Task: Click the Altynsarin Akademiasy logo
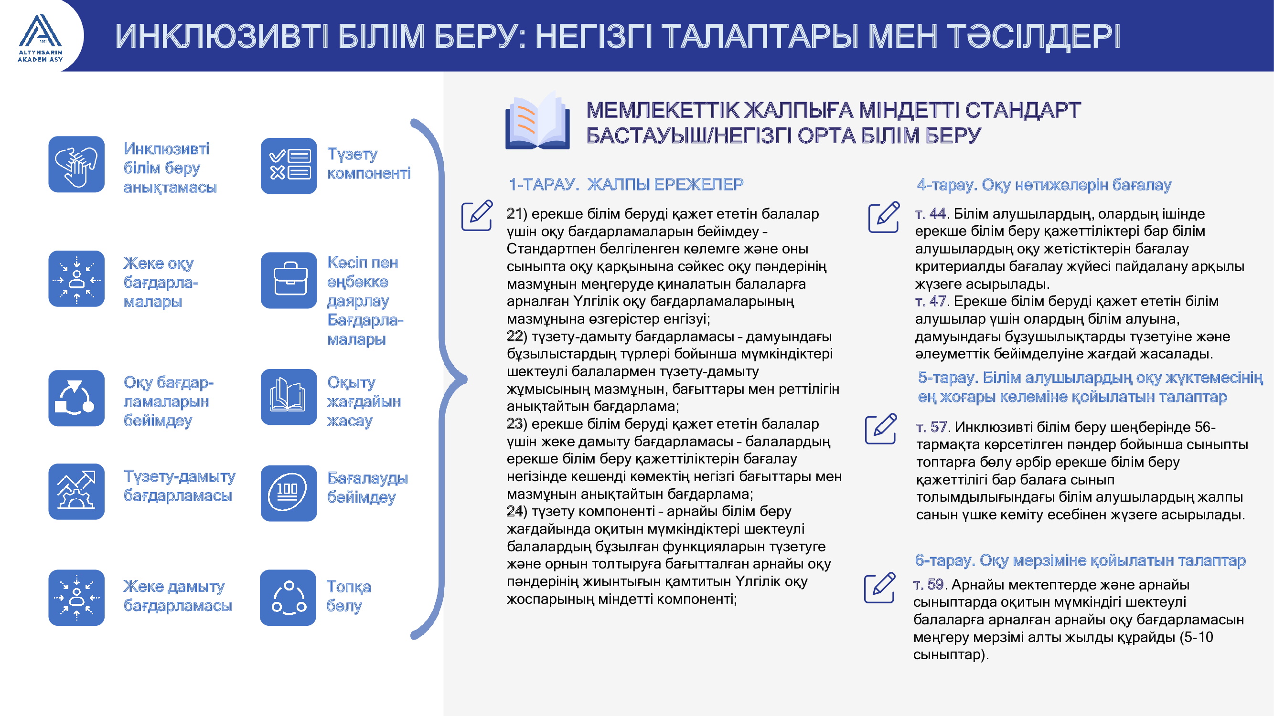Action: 41,38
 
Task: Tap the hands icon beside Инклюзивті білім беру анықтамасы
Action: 76,164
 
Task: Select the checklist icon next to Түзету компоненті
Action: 289,166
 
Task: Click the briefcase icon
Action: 289,280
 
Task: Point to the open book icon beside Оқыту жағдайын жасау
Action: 289,397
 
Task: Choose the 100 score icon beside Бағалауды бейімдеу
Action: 289,493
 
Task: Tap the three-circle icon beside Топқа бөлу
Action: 289,598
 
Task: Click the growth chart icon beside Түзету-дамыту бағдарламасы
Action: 76,491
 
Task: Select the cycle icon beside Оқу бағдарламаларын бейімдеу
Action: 76,398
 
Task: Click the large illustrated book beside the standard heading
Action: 537,120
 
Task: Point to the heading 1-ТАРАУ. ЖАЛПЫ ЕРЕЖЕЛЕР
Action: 626,184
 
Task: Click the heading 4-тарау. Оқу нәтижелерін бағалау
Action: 1044,185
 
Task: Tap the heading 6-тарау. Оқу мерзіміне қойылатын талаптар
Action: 1080,560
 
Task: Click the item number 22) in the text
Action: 517,337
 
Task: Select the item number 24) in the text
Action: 517,511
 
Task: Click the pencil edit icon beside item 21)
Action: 477,215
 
